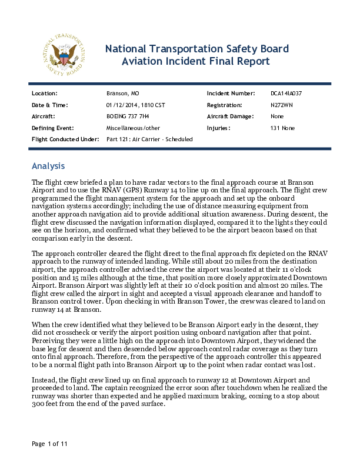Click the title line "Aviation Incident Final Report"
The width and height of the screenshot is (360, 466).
point(196,61)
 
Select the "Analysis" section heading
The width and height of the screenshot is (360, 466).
point(48,166)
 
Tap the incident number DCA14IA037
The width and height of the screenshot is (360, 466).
point(286,94)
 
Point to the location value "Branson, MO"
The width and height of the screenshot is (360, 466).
point(122,94)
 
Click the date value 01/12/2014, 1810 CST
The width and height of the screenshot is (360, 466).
point(135,105)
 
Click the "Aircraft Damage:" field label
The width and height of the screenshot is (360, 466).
point(230,116)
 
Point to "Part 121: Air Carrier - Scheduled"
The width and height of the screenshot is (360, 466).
point(149,139)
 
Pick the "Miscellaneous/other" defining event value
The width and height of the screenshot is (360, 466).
point(132,128)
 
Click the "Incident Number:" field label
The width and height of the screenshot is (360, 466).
point(231,94)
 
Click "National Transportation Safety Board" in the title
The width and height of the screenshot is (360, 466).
point(196,48)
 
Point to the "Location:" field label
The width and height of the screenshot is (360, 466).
point(44,94)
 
